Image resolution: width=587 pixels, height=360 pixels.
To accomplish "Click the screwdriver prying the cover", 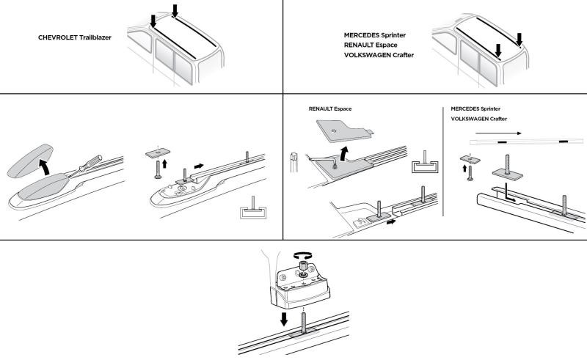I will (x=84, y=164).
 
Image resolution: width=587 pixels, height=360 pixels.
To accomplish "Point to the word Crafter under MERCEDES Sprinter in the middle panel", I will (x=496, y=119).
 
